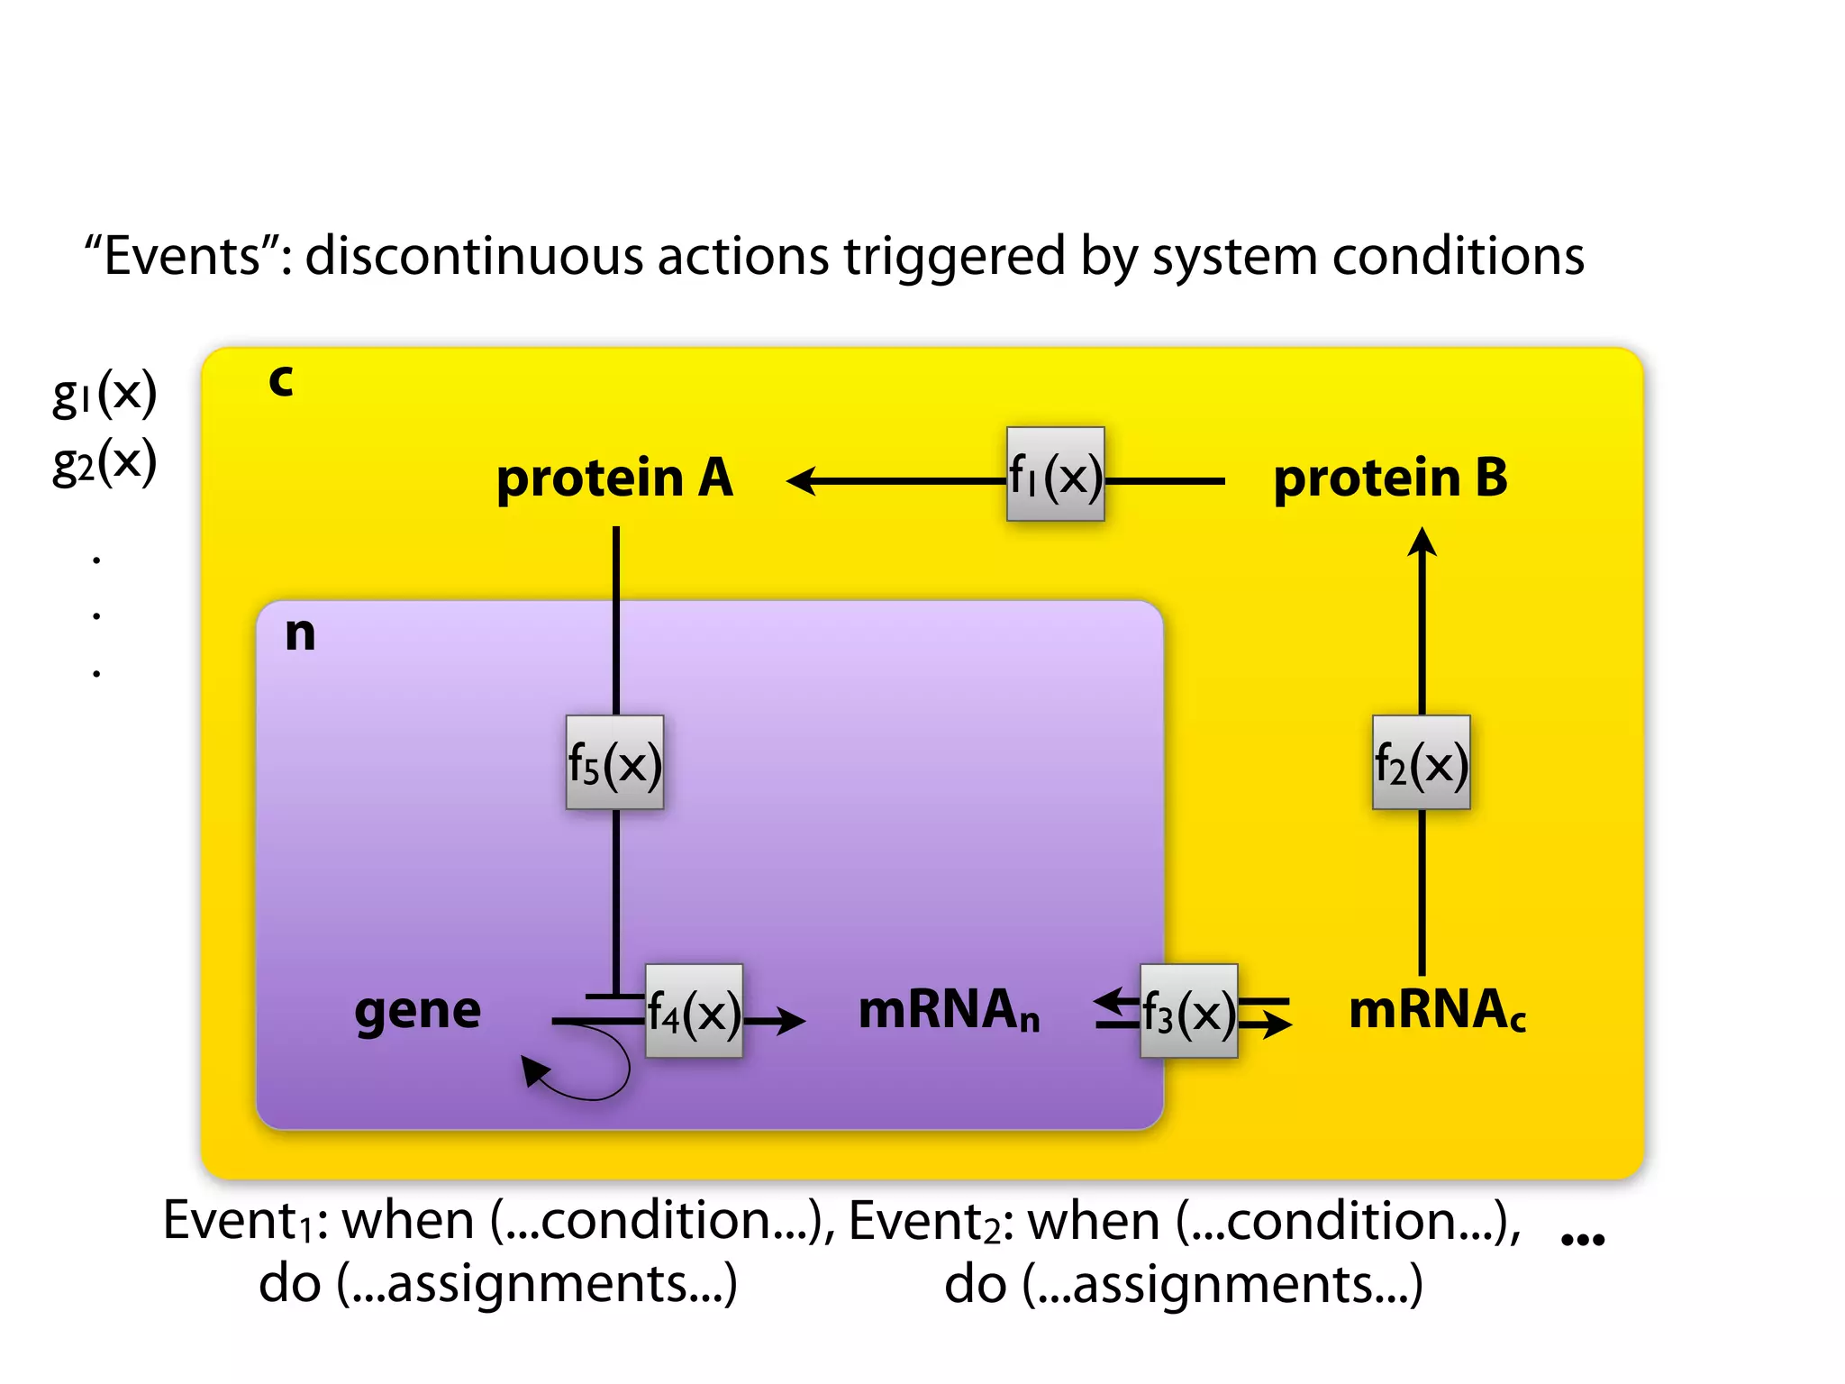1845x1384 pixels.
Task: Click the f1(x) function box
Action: point(1055,474)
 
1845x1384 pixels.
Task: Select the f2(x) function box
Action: point(1421,762)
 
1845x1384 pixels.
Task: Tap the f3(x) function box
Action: point(1188,1011)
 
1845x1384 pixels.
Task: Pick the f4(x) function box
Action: point(694,1011)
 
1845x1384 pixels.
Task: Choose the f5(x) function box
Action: point(614,762)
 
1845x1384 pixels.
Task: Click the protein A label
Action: point(614,478)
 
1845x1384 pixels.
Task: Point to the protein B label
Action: point(1390,478)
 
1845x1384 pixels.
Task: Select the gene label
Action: point(417,1011)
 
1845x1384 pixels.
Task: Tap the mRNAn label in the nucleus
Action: point(949,1011)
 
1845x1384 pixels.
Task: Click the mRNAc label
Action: point(1436,1011)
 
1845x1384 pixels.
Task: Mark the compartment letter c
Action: point(281,380)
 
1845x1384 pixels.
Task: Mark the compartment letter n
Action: point(300,633)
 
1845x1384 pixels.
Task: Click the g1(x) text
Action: point(105,393)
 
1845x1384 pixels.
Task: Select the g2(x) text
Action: point(105,462)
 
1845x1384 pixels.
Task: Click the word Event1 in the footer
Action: point(237,1222)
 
